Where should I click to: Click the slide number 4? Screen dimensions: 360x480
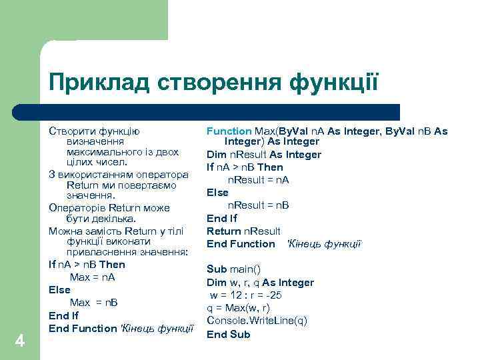point(20,341)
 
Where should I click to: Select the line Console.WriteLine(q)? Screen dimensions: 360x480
point(257,321)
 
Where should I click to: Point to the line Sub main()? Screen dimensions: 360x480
point(233,269)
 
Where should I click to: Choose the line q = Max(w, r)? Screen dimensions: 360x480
point(238,308)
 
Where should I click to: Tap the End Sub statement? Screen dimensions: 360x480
point(228,334)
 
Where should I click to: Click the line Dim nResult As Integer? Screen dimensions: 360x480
point(264,155)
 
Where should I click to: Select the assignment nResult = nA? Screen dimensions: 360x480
point(259,180)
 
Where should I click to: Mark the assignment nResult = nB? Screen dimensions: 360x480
point(259,205)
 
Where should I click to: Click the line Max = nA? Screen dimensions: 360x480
point(93,277)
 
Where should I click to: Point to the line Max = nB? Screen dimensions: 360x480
point(94,303)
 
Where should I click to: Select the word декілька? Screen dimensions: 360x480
point(113,219)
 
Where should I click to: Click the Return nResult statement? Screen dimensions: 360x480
point(243,231)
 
